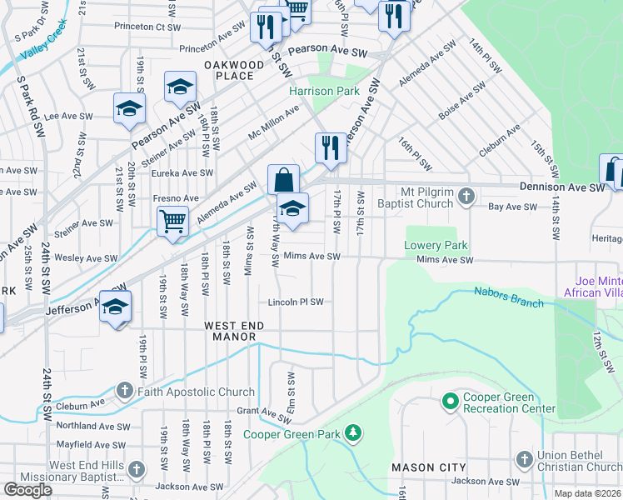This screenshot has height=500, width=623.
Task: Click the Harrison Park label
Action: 324,91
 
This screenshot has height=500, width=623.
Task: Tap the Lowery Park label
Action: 436,245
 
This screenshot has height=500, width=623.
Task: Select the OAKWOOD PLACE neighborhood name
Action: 228,70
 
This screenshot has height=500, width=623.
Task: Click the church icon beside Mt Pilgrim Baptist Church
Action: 467,197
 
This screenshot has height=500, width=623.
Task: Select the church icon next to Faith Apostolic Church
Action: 124,391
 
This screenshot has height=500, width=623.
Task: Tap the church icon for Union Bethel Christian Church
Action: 524,459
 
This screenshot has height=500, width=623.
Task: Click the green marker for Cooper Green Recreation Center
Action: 451,402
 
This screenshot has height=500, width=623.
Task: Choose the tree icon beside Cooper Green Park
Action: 354,432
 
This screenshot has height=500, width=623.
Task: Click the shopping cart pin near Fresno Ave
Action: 172,221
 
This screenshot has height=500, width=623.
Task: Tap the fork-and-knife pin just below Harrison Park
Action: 331,148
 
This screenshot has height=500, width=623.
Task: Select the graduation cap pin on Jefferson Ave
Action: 116,307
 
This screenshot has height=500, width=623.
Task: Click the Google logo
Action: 28,490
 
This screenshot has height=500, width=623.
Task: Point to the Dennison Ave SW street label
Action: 561,187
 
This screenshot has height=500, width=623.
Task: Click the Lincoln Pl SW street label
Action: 296,302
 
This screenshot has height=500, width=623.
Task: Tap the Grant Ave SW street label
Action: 258,411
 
